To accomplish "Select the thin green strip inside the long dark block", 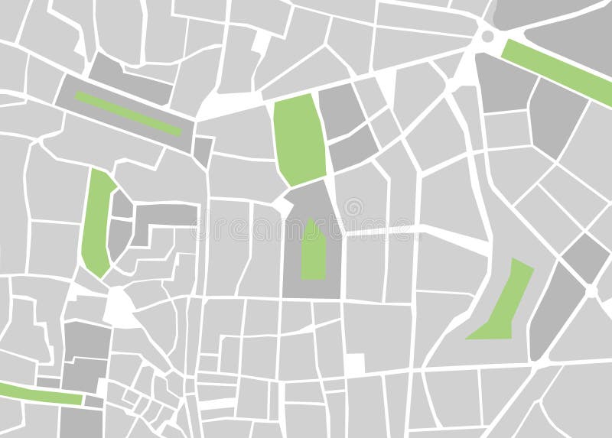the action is (x=129, y=113).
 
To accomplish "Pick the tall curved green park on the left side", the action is (x=97, y=222).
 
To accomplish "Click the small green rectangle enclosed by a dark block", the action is (x=312, y=251).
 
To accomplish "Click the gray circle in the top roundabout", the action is (x=487, y=36).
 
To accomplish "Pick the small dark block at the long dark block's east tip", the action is (x=203, y=150).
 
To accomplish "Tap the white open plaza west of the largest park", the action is (x=229, y=103).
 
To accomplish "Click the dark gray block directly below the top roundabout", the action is (x=504, y=84).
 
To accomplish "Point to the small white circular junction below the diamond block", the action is (x=591, y=291).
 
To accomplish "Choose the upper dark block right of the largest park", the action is (x=341, y=111).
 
